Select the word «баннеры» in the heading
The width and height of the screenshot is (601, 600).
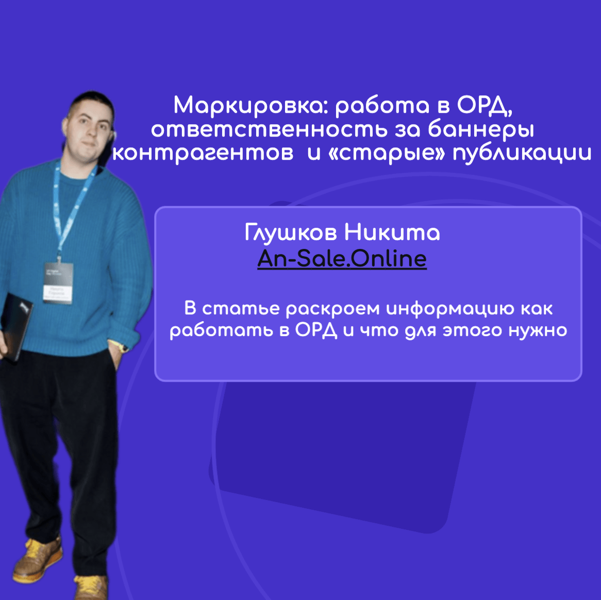[481, 129]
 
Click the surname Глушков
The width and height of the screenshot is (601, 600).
[291, 232]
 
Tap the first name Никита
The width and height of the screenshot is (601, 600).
[392, 232]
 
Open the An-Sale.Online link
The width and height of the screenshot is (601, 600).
[342, 258]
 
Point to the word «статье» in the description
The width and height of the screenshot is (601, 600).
[241, 309]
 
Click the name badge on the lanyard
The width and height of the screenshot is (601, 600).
[58, 283]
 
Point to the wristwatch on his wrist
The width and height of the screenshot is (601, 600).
[122, 347]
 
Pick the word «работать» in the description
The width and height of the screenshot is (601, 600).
[221, 330]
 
